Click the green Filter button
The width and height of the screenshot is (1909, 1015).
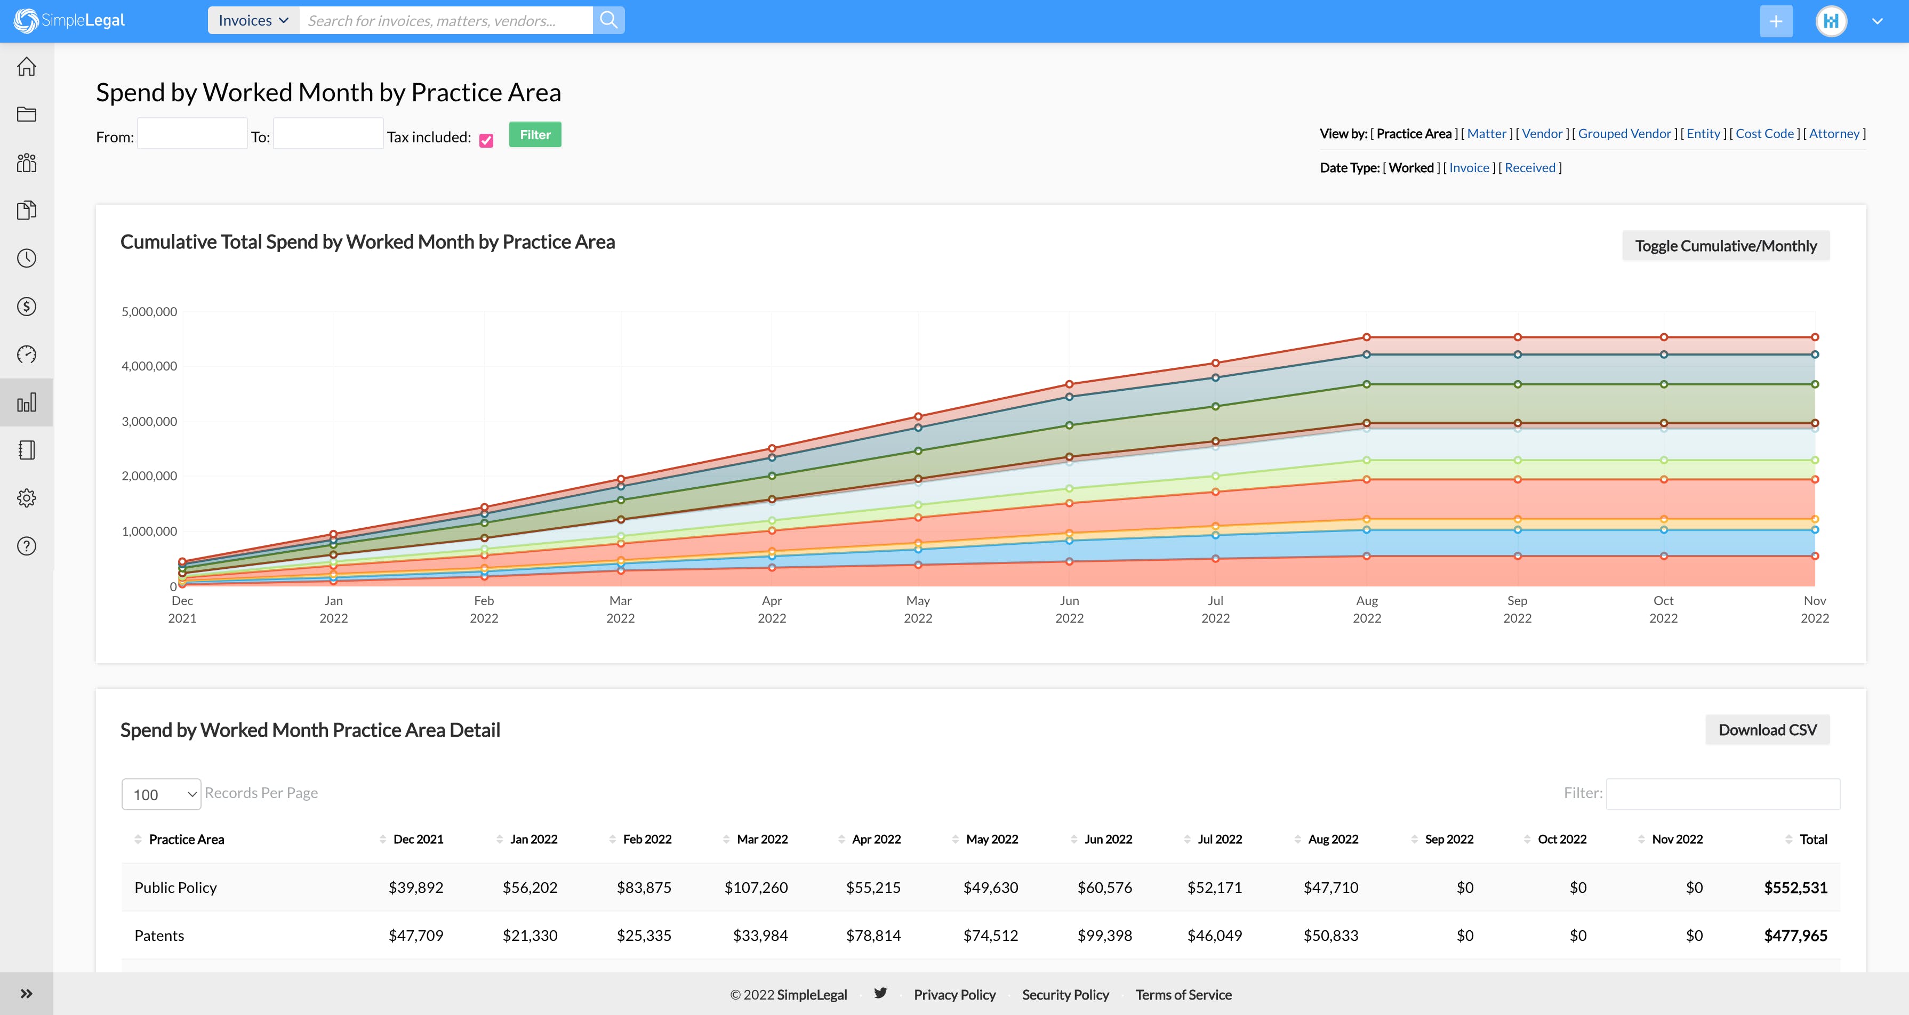tap(534, 135)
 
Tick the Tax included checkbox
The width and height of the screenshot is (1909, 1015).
tap(486, 140)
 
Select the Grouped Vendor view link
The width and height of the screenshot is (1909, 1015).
tap(1624, 133)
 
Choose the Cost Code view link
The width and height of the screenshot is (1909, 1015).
tap(1764, 133)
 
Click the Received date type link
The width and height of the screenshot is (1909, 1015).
tap(1529, 167)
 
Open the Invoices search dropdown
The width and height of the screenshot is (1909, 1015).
tap(253, 21)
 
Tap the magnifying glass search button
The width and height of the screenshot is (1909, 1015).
tap(608, 21)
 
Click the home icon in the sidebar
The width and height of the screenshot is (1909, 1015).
tap(27, 67)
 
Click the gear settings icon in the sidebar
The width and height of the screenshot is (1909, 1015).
tap(27, 498)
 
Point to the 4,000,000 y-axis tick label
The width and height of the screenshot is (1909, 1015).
tap(149, 366)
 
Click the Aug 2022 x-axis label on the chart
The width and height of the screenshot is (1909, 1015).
tap(1367, 609)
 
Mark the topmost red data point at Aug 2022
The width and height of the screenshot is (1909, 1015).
tap(1367, 337)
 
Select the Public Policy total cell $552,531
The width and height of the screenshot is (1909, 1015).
tap(1795, 888)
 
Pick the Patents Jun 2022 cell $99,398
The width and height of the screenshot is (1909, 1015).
tap(1104, 936)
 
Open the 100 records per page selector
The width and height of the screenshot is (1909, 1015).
tap(161, 794)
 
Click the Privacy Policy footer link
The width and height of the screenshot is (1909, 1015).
tap(954, 995)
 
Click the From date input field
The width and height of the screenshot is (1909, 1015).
tap(192, 134)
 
